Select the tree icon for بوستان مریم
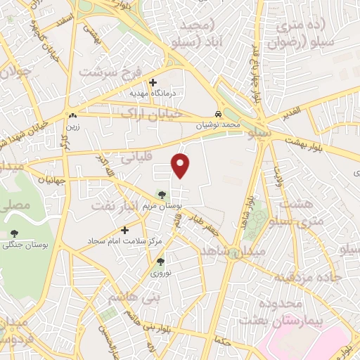(x=163, y=195)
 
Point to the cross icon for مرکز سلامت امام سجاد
(x=125, y=230)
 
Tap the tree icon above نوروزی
(x=160, y=261)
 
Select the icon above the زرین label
(x=72, y=116)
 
